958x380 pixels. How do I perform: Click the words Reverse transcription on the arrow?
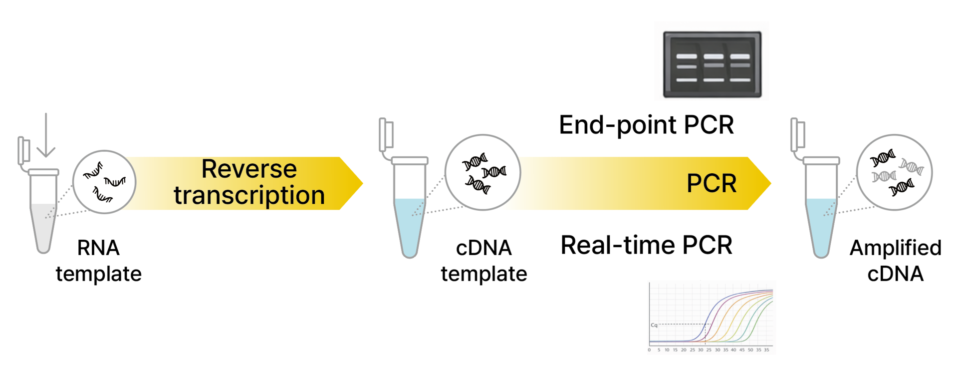click(x=249, y=182)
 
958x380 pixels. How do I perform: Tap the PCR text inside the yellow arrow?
click(x=711, y=184)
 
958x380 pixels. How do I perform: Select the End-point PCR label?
click(x=646, y=125)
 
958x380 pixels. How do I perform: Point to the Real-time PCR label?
click(x=646, y=245)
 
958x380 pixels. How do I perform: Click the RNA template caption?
click(x=98, y=261)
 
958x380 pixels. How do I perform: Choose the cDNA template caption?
click(x=483, y=261)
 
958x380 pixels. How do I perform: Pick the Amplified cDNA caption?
click(x=895, y=261)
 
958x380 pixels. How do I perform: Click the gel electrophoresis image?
click(x=712, y=64)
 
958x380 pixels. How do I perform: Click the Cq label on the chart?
click(x=654, y=325)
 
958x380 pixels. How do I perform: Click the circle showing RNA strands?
click(x=104, y=182)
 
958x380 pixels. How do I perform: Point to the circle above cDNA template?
click(x=482, y=172)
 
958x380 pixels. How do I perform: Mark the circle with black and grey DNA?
click(x=894, y=172)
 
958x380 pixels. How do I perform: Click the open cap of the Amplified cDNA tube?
click(x=797, y=135)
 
